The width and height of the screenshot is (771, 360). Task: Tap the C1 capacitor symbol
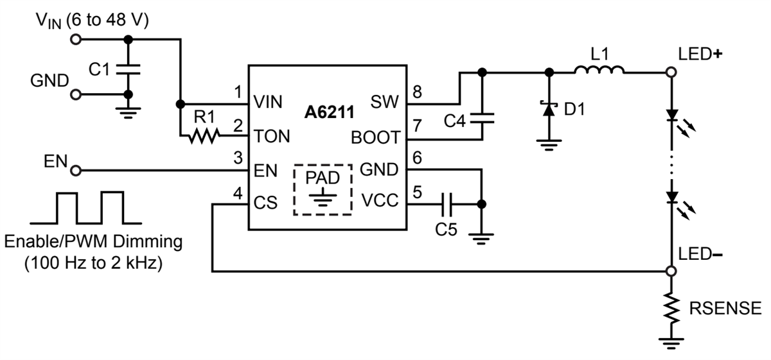(x=128, y=68)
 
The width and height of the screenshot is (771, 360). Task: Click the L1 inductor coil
(x=598, y=70)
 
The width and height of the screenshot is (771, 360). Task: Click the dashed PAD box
(x=323, y=190)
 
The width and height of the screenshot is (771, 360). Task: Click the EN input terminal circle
(x=76, y=171)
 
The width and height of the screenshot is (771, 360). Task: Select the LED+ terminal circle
(x=671, y=72)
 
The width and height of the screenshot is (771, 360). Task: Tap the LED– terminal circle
(x=671, y=271)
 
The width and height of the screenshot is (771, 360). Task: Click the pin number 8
(x=417, y=92)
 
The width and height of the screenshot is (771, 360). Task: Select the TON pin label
(x=272, y=136)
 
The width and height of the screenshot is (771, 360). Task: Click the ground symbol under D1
(x=548, y=145)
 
